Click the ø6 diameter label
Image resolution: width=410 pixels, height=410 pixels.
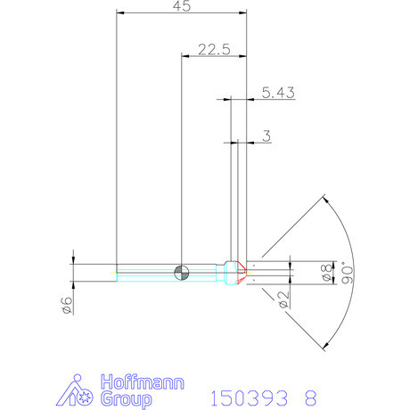(65, 306)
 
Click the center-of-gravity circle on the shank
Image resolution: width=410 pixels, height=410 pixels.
(182, 272)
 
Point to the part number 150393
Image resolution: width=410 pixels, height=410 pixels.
(243, 396)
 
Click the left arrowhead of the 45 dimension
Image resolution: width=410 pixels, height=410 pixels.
(121, 13)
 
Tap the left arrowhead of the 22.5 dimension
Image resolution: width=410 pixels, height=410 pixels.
(186, 57)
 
